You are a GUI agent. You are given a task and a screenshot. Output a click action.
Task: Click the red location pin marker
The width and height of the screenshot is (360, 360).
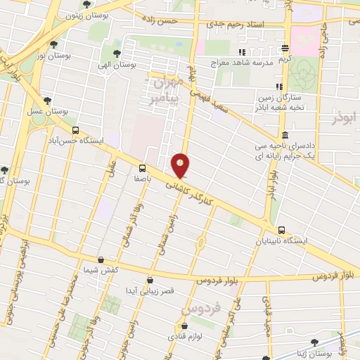pyautogui.click(x=181, y=166)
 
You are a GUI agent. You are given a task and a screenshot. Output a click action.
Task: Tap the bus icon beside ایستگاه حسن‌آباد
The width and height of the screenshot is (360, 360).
pyautogui.click(x=75, y=130)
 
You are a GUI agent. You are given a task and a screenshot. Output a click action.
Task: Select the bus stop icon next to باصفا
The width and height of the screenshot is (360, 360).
pyautogui.click(x=143, y=168)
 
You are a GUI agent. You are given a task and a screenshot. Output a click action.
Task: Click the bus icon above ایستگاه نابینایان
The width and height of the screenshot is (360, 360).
pyautogui.click(x=282, y=230)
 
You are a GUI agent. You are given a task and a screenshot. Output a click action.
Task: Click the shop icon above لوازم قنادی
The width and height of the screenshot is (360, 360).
pyautogui.click(x=184, y=326)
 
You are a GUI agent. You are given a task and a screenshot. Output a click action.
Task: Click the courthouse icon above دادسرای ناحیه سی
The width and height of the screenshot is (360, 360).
pyautogui.click(x=284, y=136)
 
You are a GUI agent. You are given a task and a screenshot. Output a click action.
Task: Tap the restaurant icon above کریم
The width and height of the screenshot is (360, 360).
pyautogui.click(x=285, y=49)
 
